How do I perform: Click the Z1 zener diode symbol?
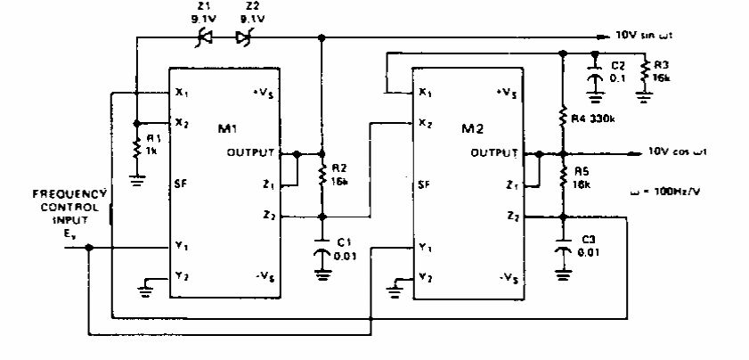(204, 37)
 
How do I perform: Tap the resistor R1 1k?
(135, 144)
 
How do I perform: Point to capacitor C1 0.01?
(322, 254)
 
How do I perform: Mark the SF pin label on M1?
(181, 184)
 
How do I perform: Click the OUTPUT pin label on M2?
(494, 153)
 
